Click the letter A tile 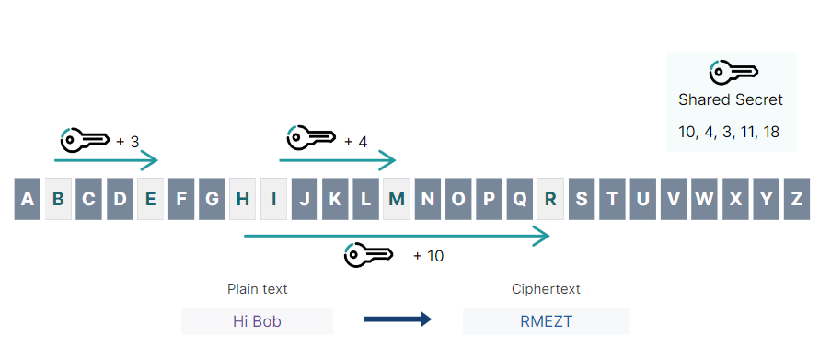click(28, 199)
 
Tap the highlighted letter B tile click(58, 199)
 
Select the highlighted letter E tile click(150, 199)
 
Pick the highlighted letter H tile click(242, 199)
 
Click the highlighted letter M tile click(396, 199)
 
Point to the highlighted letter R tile click(550, 199)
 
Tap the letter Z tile click(797, 199)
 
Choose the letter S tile click(582, 199)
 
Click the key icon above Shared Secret click(733, 72)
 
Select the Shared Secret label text click(731, 99)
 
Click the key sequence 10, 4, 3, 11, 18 click(729, 132)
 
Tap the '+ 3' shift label click(128, 142)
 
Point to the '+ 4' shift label click(355, 142)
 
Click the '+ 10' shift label click(428, 256)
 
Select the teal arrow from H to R click(396, 236)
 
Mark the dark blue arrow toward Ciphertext click(398, 319)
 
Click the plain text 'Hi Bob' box click(257, 321)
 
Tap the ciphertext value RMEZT click(546, 321)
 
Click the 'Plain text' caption click(258, 289)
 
